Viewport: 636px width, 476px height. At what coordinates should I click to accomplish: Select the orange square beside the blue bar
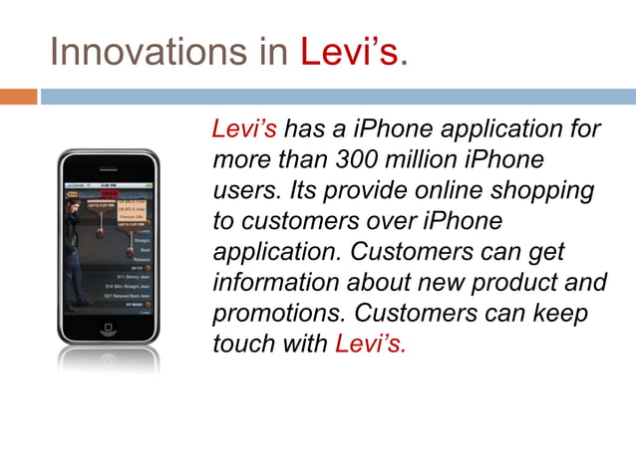18,97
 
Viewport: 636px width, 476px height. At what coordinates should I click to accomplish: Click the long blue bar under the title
338,97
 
